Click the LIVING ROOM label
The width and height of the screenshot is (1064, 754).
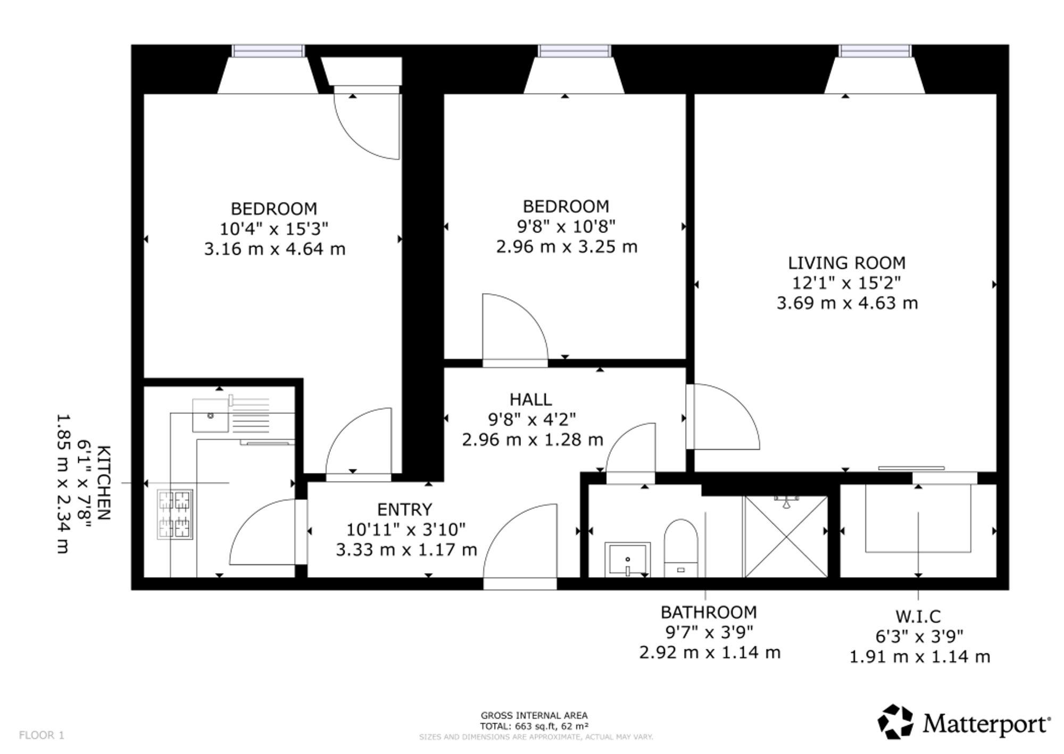pyautogui.click(x=847, y=263)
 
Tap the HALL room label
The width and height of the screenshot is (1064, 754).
pyautogui.click(x=530, y=400)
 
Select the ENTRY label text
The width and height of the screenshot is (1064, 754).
pyautogui.click(x=404, y=510)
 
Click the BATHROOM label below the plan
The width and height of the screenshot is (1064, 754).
pyautogui.click(x=709, y=612)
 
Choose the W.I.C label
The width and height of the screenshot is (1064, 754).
pyautogui.click(x=918, y=617)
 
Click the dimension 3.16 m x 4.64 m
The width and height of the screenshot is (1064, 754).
pyautogui.click(x=275, y=249)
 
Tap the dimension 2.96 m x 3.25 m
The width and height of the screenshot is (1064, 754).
pyautogui.click(x=567, y=247)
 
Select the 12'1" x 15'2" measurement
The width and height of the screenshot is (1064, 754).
pyautogui.click(x=847, y=283)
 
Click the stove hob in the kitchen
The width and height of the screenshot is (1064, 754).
pyautogui.click(x=175, y=515)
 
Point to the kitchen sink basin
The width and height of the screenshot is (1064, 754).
pyautogui.click(x=211, y=415)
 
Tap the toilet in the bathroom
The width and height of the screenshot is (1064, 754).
pyautogui.click(x=681, y=548)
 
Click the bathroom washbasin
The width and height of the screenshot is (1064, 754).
pyautogui.click(x=628, y=559)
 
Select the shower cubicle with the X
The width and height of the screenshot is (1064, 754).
pyautogui.click(x=786, y=536)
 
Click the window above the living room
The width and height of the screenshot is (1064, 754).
pyautogui.click(x=875, y=51)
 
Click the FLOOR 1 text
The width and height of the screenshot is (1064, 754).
pyautogui.click(x=41, y=735)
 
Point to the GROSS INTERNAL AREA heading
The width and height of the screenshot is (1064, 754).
pyautogui.click(x=534, y=716)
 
